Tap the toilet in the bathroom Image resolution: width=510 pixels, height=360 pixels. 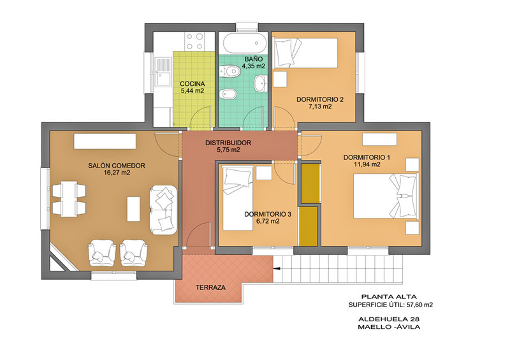229,71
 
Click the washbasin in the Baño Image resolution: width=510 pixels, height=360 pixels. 261,83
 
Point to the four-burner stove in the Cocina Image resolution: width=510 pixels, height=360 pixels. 194,41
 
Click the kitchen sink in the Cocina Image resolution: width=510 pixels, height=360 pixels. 163,73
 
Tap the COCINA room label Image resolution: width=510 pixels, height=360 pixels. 193,84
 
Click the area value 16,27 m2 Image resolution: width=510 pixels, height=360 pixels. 117,173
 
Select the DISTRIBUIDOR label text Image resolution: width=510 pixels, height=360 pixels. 228,143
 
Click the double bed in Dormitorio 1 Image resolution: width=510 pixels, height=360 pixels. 386,196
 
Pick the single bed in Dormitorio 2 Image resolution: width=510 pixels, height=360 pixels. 305,53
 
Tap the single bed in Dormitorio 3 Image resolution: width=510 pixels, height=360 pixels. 238,199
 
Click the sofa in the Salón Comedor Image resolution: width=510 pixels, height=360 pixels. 163,210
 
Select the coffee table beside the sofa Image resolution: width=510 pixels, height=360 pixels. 133,209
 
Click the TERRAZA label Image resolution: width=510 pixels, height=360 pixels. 210,287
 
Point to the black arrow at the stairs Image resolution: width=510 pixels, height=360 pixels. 277,269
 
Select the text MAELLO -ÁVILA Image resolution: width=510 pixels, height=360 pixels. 389,327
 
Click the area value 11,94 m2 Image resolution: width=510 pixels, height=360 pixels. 367,164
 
